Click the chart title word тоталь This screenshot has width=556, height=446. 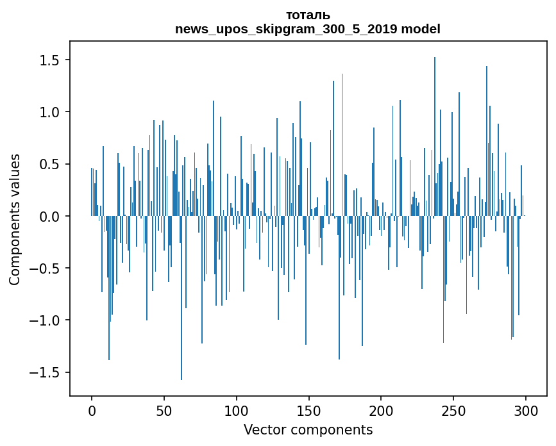pos(308,15)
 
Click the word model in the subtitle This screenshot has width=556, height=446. pos(421,29)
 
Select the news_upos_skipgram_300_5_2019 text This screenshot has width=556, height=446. pos(286,29)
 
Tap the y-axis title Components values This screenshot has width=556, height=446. pos(15,220)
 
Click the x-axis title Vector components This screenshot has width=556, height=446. pos(308,430)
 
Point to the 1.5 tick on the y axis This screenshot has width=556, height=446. pos(49,60)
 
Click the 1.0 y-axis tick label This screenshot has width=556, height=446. pos(49,112)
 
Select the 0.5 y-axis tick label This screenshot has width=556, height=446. pos(49,165)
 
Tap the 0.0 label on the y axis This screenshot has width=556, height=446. pos(49,217)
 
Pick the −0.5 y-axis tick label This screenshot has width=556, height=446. pos(44,268)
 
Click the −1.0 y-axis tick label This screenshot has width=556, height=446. pos(44,320)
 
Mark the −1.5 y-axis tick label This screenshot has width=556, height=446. pos(44,373)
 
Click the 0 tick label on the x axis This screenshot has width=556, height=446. pos(92,411)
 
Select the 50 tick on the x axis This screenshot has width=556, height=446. pos(164,411)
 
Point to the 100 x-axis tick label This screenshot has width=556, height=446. pos(236,411)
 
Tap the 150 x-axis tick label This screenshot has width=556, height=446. pos(308,411)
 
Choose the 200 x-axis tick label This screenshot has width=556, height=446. pos(381,411)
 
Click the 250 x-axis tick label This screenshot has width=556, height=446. pos(453,411)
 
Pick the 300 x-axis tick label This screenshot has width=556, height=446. pos(525,411)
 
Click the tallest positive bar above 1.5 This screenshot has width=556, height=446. pos(435,136)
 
